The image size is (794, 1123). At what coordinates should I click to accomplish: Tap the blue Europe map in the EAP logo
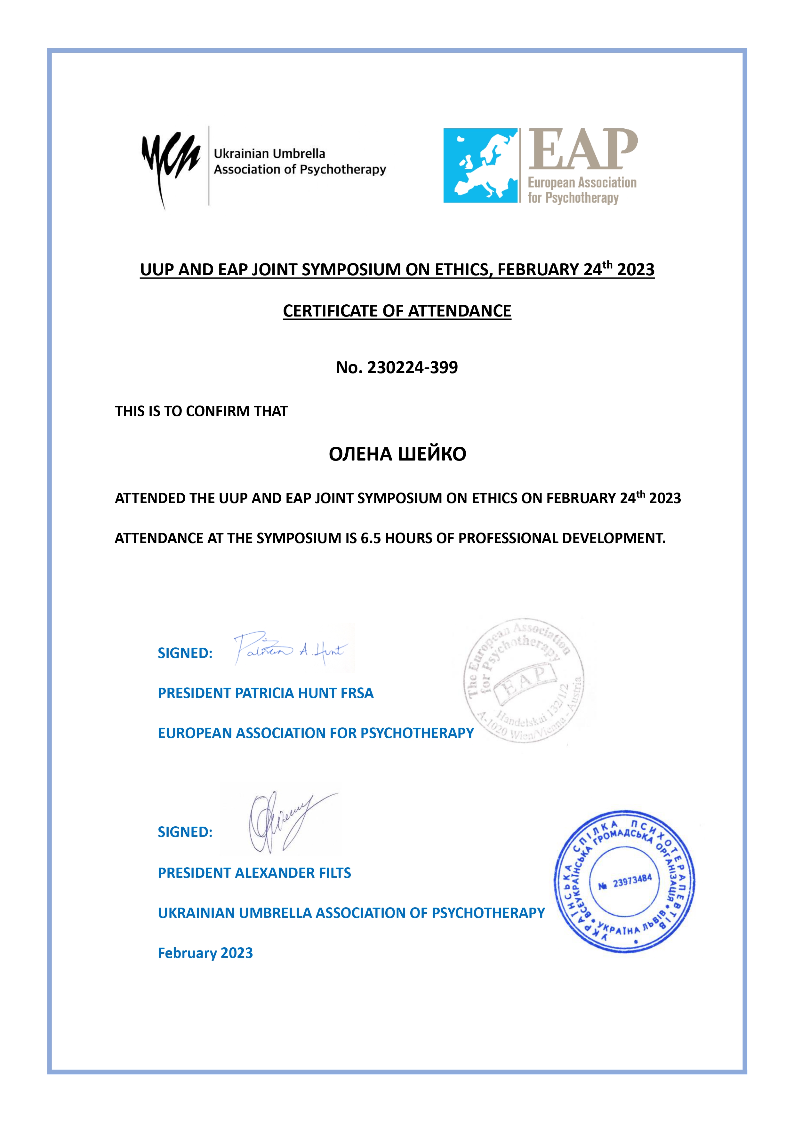click(480, 165)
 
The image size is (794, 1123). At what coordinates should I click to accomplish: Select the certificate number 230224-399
click(413, 367)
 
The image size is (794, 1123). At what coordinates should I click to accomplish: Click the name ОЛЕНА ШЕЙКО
click(397, 454)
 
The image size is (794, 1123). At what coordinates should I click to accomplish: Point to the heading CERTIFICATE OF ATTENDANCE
click(397, 311)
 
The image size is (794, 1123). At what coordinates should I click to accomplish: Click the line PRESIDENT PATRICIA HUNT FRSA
click(265, 693)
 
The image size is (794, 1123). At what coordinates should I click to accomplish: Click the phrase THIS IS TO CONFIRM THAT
click(201, 411)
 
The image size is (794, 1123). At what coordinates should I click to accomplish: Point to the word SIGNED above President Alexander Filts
click(185, 832)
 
